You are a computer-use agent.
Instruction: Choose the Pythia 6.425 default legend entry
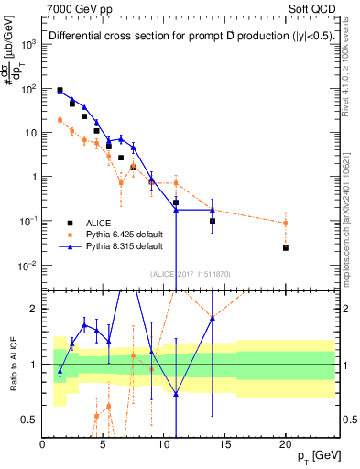coord(124,234)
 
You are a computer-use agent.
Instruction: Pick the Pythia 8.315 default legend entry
coord(124,246)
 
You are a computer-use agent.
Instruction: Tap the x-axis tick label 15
coord(224,443)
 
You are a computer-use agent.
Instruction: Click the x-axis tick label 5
coord(103,443)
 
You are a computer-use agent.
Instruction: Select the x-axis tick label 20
coord(285,443)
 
